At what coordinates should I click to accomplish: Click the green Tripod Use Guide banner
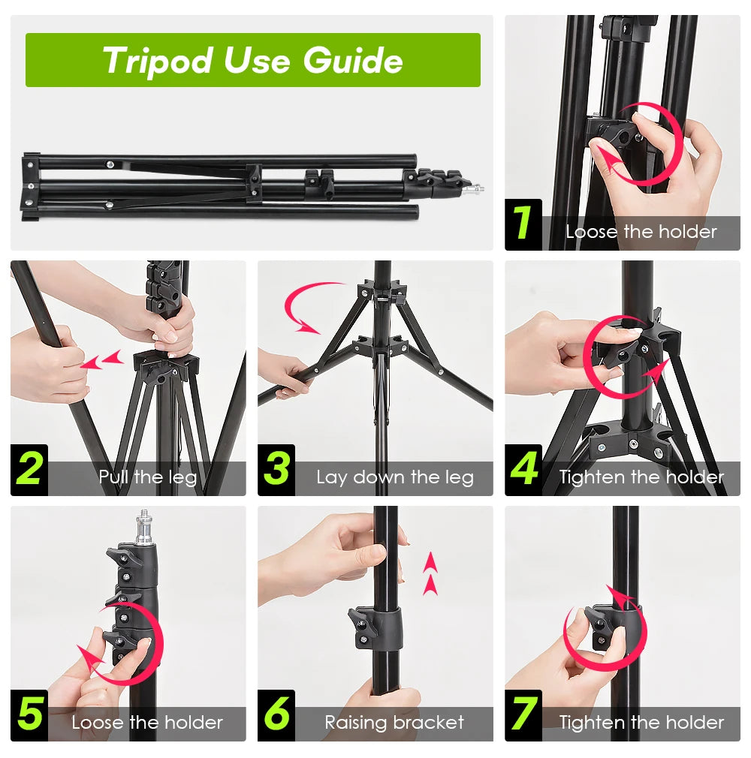coord(252,60)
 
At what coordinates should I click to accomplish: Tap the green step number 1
coord(523,223)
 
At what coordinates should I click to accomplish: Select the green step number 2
coord(29,469)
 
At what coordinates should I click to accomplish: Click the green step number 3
coord(276,469)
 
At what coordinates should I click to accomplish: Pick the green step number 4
coord(523,469)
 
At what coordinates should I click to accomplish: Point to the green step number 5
coord(29,714)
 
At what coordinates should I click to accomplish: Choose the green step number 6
coord(276,714)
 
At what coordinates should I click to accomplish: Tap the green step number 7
coord(523,714)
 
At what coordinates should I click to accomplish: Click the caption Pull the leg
coord(147,477)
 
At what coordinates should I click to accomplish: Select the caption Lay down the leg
coord(394,477)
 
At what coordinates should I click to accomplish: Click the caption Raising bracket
coord(394,723)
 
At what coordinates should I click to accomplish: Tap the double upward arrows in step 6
coord(430,573)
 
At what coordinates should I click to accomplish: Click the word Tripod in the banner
coord(158,60)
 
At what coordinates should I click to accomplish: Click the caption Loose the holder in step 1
coord(641,232)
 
